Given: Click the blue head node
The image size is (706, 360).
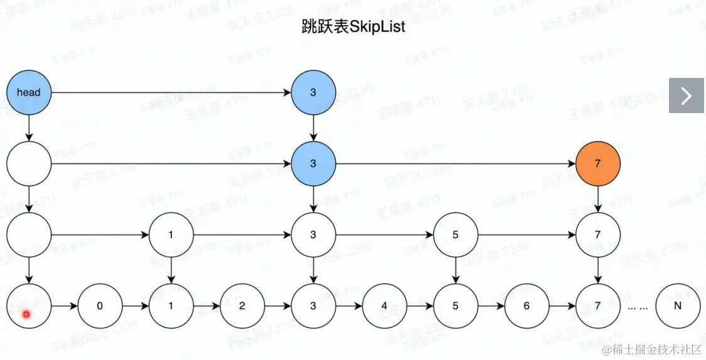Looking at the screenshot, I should (x=28, y=92).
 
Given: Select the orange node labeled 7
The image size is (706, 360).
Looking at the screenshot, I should (x=597, y=163).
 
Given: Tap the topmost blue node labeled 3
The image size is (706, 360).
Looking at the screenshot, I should (x=313, y=92).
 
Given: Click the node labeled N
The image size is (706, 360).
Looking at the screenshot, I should (x=677, y=306).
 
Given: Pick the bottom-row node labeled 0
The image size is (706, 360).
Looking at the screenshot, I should (x=100, y=306).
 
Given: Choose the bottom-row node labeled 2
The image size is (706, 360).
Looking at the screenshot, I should (x=242, y=306).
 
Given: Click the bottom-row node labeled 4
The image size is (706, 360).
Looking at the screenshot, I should (x=384, y=306).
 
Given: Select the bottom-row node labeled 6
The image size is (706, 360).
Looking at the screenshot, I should (x=526, y=306).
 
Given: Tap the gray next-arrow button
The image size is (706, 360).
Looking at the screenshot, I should (x=686, y=95).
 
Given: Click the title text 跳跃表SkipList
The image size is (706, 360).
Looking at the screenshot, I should (x=354, y=28).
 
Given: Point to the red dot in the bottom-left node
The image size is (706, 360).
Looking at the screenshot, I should (x=26, y=314).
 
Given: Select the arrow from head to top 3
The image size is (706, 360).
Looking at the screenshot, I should (x=170, y=93).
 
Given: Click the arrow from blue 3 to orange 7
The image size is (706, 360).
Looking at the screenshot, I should (x=455, y=164).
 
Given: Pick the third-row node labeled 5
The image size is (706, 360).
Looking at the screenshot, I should (x=455, y=235).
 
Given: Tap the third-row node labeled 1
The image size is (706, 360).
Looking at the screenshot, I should (x=171, y=235).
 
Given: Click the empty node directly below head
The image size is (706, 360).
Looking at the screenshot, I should (x=28, y=163).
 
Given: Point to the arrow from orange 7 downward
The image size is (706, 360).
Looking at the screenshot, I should (x=597, y=199).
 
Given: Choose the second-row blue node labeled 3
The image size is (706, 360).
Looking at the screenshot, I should (x=313, y=163).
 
